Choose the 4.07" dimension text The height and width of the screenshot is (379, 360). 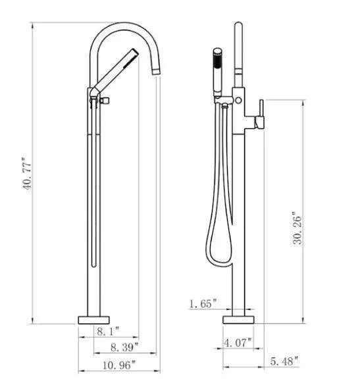(238, 343)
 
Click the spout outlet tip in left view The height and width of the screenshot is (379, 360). (156, 69)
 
